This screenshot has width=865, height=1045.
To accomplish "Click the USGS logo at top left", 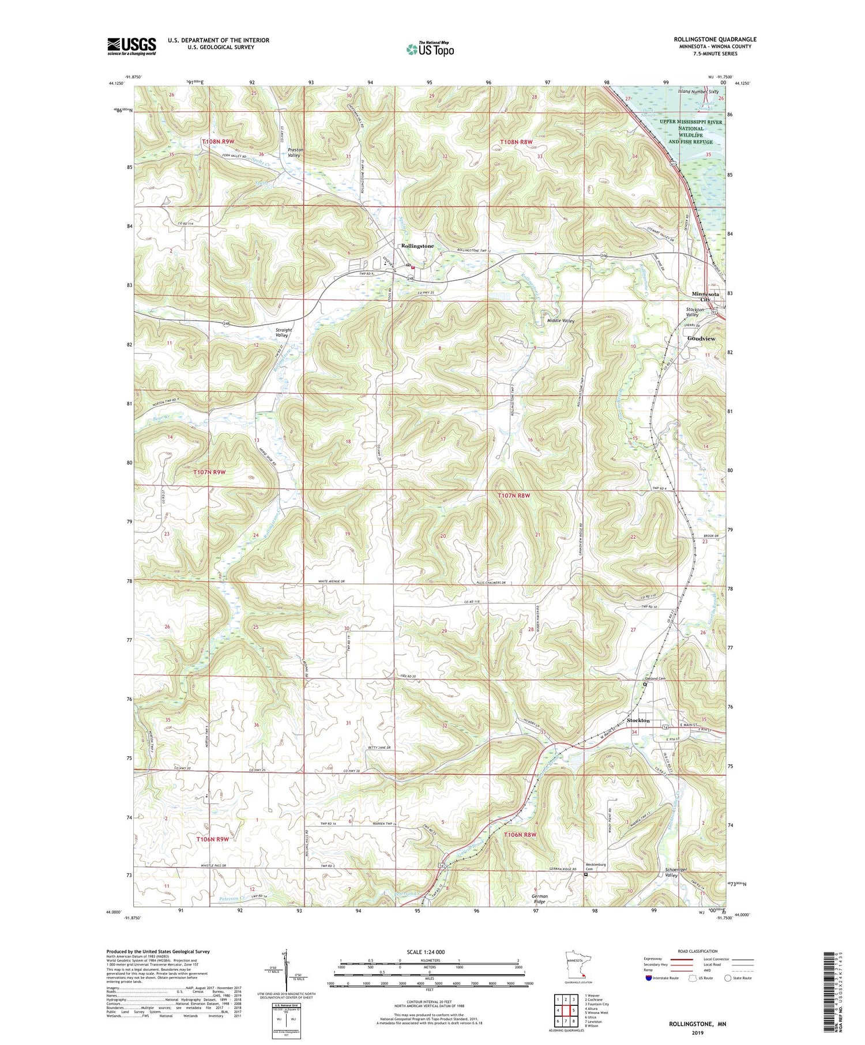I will (131, 46).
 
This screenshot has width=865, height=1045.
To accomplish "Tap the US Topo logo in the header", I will (430, 50).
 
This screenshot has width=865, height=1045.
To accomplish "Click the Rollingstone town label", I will (417, 246).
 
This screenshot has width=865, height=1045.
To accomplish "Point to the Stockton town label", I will (638, 720).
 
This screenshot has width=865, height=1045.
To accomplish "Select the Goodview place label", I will (701, 339).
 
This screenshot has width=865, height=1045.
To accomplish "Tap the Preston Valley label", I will (295, 153).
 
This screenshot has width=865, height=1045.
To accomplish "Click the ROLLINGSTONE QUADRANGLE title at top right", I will (714, 39).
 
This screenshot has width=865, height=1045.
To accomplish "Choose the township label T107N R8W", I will (514, 495).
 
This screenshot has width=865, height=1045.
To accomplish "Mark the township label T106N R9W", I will (213, 839).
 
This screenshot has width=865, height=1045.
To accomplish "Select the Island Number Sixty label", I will (697, 92).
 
